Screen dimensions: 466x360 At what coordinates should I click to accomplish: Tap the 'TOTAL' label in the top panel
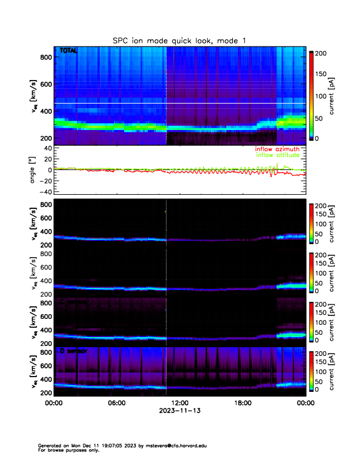pyautogui.click(x=68, y=51)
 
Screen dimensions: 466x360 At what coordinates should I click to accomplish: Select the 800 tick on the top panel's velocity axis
pyautogui.click(x=45, y=57)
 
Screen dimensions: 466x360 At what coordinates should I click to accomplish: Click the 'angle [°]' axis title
pyautogui.click(x=32, y=171)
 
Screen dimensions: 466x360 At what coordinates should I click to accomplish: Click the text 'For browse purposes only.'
pyautogui.click(x=67, y=450)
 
